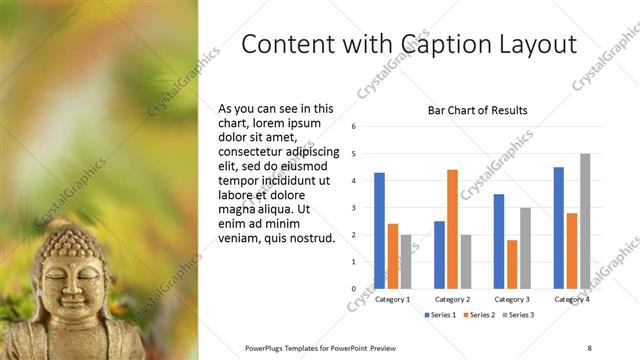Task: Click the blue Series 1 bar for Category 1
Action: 379,231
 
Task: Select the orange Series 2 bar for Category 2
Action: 452,229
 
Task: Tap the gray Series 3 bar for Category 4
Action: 585,221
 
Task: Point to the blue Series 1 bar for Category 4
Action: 558,228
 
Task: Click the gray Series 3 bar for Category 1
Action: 405,262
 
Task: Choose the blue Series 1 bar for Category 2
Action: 439,255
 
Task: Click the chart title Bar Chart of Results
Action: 478,110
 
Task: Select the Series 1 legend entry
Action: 441,315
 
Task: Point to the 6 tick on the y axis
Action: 354,127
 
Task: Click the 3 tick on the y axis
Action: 354,208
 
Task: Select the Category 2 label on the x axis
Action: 452,299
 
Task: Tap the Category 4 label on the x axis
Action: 571,299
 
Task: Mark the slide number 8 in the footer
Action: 589,347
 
